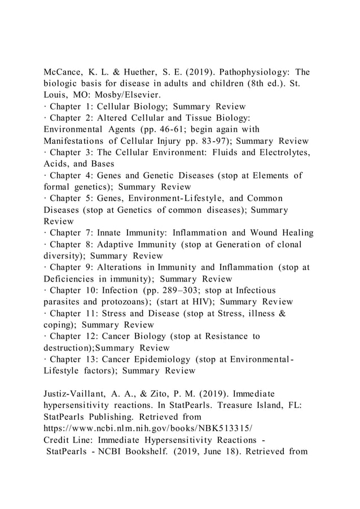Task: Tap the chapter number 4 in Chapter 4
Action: (89, 175)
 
